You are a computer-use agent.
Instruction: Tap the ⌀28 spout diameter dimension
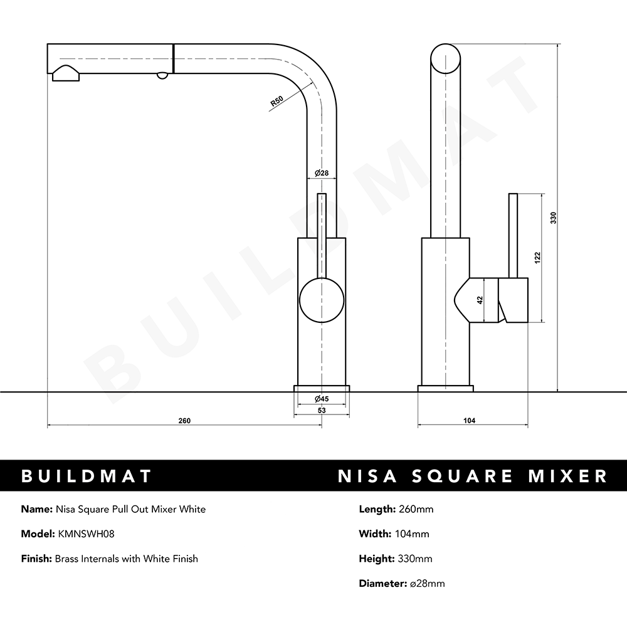[x=322, y=173]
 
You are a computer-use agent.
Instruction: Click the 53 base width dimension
[x=322, y=410]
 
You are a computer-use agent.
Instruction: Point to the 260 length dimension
[x=184, y=421]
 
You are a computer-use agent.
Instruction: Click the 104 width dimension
[x=469, y=421]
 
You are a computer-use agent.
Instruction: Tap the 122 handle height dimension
[x=538, y=257]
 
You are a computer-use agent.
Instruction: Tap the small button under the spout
[x=162, y=75]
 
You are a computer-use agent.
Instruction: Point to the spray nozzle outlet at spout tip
[x=65, y=73]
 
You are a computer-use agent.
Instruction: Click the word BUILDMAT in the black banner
[x=87, y=476]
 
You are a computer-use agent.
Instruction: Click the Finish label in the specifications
[x=36, y=558]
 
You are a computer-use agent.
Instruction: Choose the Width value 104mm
[x=412, y=534]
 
